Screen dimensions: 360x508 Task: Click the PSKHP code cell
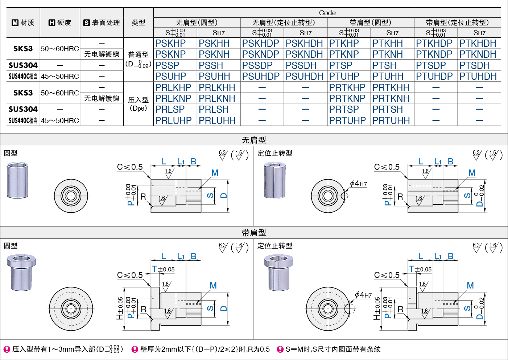point(170,44)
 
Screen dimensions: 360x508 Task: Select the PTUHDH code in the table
point(478,77)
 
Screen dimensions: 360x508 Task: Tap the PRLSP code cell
point(170,110)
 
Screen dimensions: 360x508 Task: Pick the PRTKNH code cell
point(391,99)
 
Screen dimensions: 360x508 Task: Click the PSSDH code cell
point(301,66)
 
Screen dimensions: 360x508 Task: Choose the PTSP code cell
point(341,66)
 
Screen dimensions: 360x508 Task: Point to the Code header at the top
point(327,13)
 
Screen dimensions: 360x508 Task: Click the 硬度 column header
point(60,22)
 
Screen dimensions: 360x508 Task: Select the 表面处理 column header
point(102,22)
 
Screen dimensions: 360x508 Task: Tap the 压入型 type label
point(138,100)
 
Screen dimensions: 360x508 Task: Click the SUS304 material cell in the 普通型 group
point(23,65)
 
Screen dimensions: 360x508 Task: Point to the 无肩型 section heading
point(254,140)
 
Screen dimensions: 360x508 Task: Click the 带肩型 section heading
point(254,233)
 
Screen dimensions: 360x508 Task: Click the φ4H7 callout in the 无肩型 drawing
point(359,184)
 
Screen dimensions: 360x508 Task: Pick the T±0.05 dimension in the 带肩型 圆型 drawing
point(163,269)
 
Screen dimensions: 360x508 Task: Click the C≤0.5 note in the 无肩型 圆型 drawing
point(130,167)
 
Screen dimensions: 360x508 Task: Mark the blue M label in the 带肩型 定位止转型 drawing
point(470,286)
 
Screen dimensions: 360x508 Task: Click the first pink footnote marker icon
point(7,349)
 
